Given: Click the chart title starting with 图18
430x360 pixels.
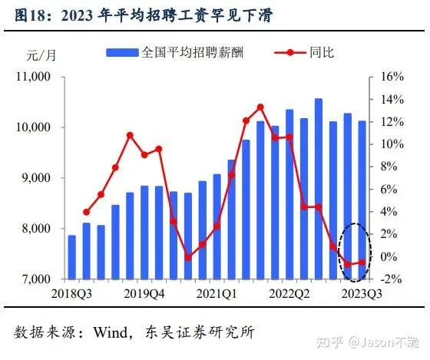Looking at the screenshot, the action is coord(144,15).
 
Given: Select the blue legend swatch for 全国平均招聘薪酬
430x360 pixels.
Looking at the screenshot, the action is coord(122,53).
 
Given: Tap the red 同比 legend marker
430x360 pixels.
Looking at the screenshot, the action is coord(290,52).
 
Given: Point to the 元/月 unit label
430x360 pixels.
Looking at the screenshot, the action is coord(41,55).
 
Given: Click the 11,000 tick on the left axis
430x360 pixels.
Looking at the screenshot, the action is coord(33,77).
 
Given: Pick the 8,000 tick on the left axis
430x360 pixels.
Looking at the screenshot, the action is coord(36,229).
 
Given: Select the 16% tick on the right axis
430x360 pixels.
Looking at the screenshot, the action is coord(392,77).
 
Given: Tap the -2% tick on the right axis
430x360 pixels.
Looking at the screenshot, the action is coord(392,279).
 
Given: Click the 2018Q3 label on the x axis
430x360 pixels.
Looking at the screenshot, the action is coord(71,294).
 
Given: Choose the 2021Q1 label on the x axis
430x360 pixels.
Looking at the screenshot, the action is coord(217,294).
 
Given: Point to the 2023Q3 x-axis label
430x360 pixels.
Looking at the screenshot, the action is coord(362,294).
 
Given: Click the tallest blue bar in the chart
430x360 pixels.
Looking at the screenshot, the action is coord(319,189).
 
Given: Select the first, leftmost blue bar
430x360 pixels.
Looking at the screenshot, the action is coord(72,257).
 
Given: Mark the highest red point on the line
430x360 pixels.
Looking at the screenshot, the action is coord(260,107).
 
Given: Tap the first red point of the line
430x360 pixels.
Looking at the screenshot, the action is coord(86,212).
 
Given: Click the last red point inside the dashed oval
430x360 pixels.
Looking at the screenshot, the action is coord(362,263).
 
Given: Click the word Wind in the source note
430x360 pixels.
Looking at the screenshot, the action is coord(111,332).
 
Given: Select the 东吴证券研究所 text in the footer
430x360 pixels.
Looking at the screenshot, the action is coord(200,332).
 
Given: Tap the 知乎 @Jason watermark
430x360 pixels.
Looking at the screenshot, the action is coord(368,342).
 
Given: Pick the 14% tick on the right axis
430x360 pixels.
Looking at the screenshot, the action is coord(392,99).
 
